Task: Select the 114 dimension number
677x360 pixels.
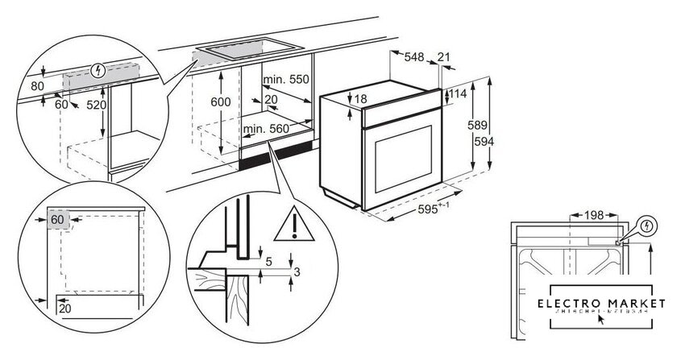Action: tap(458, 94)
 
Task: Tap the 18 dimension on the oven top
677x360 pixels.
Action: tap(359, 98)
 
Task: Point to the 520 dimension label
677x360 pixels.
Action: tap(96, 105)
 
